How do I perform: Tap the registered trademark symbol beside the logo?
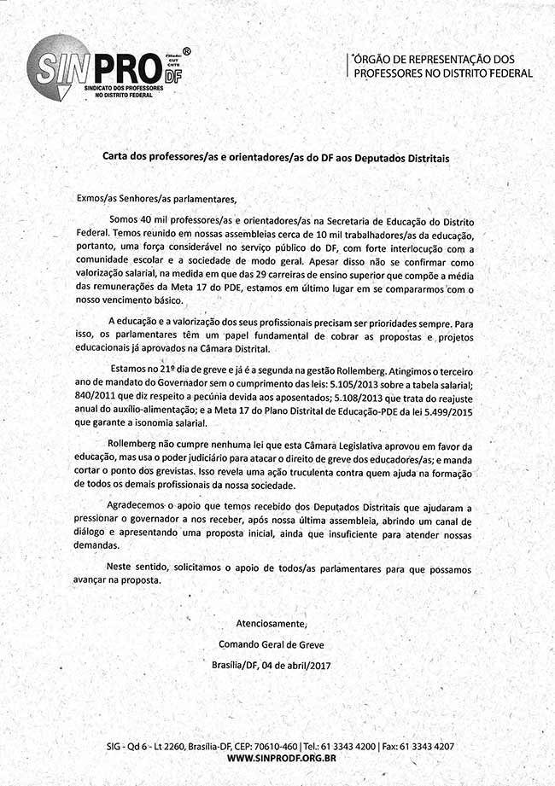187,51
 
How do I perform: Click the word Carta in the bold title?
117,158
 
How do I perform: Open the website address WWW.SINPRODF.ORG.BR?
281,759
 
